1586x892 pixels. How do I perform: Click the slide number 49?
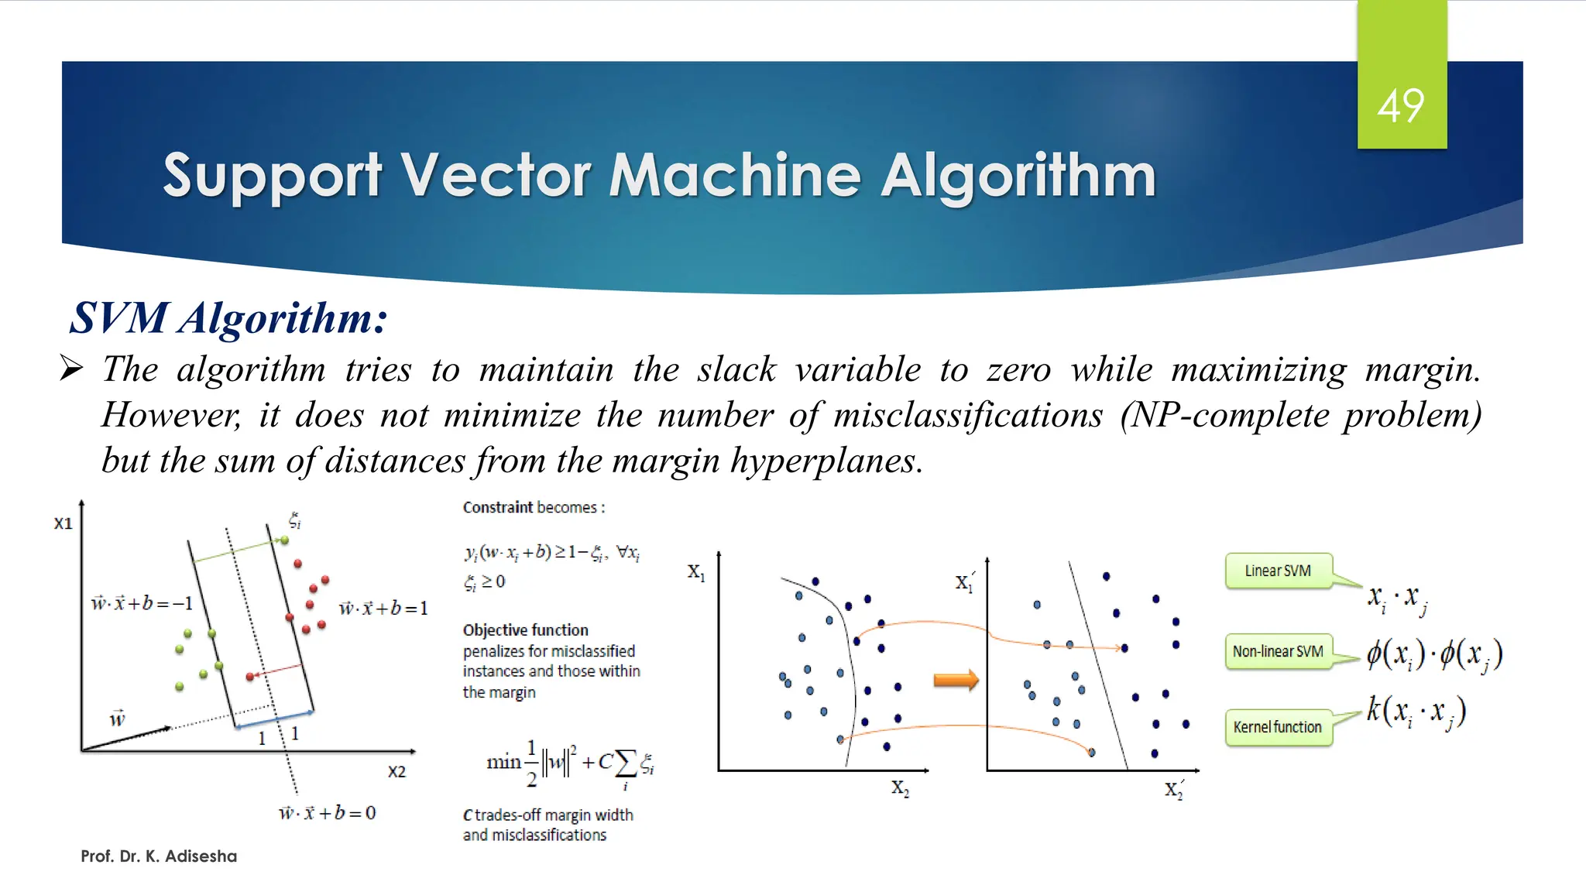point(1401,106)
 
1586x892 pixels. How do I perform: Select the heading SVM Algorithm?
point(228,317)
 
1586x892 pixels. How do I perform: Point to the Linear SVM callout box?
point(1278,571)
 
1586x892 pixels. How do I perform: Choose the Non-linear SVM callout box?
point(1278,651)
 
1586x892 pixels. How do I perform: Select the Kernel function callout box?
point(1278,727)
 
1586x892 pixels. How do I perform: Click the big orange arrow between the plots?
point(956,681)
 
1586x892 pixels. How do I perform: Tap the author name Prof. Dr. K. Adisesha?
point(159,856)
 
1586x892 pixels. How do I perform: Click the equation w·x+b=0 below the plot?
point(327,813)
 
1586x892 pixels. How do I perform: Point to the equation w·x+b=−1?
point(142,603)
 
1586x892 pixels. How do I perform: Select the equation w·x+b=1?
point(383,609)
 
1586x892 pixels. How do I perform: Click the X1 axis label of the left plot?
point(63,523)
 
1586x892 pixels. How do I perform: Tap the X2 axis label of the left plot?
point(396,772)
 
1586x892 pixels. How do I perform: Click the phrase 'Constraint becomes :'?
point(534,508)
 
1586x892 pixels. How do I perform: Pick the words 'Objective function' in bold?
point(525,630)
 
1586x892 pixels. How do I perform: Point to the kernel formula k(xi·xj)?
point(1416,712)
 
